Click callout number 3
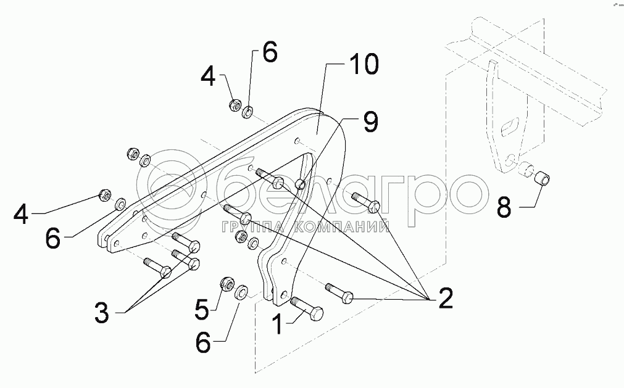pos(102,313)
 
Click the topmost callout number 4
pos(209,78)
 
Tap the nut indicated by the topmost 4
pos(235,104)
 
